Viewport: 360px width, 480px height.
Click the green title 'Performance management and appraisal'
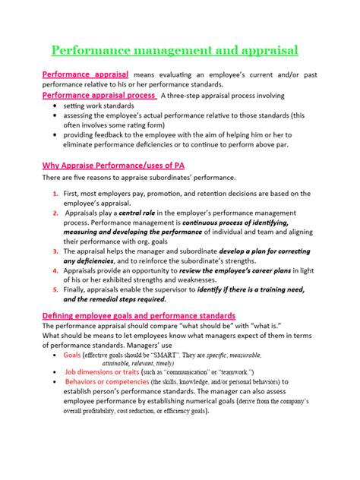175,51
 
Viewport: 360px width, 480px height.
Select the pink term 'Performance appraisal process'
99,96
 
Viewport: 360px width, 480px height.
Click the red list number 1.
56,194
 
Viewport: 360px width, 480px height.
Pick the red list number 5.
56,289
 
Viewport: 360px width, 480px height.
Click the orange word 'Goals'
72,354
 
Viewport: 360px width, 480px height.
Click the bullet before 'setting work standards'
56,106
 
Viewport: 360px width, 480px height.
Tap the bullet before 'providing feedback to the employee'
56,133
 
